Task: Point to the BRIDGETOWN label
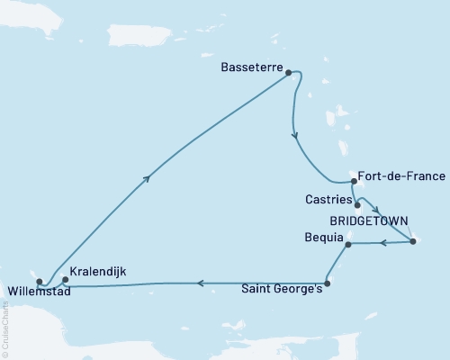tap(370, 220)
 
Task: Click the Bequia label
tap(324, 238)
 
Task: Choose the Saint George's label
tap(281, 290)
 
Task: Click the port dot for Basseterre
tap(290, 76)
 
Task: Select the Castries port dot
tap(357, 204)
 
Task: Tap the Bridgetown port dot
tap(412, 240)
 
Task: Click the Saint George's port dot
tap(327, 283)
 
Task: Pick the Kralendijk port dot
tap(65, 279)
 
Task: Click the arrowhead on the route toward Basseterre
tap(148, 179)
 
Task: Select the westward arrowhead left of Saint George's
tap(200, 283)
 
